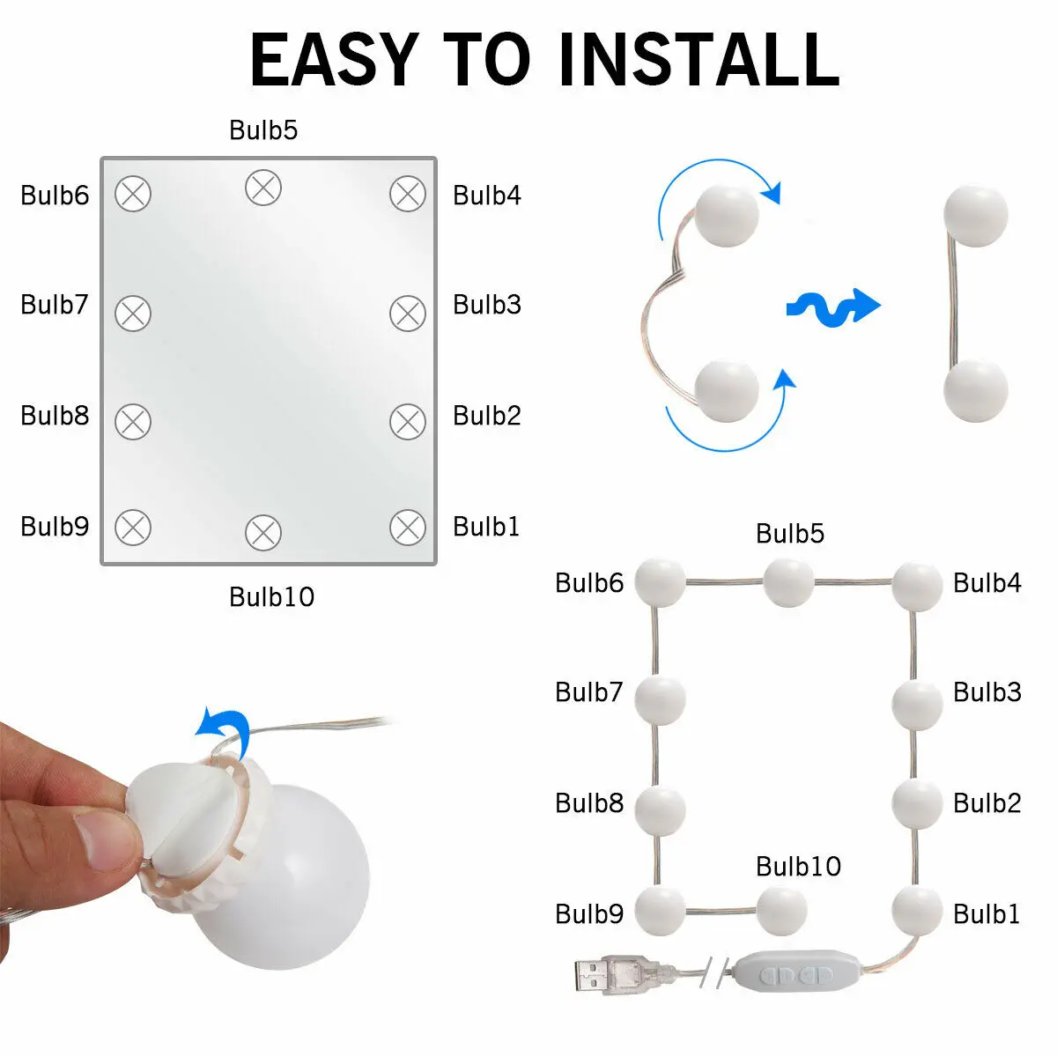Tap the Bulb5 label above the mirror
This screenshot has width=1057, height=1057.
coord(263,130)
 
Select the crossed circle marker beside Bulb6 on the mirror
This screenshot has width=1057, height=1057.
coord(133,194)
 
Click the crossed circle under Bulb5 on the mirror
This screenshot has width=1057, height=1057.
coord(263,188)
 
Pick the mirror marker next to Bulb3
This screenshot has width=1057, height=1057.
coord(408,314)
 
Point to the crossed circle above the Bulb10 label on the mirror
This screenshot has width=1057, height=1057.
coord(263,532)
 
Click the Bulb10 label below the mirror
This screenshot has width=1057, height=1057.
coord(271,597)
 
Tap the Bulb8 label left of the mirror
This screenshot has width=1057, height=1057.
coord(55,415)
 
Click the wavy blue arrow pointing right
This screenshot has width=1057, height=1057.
coord(833,307)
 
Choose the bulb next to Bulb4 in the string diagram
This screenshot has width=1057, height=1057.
coord(917,586)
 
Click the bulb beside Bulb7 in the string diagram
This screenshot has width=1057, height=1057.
coord(660,700)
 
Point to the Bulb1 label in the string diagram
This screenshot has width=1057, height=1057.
coord(987,913)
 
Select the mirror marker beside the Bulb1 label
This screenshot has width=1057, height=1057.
coord(408,527)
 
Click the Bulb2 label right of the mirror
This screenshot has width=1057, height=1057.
coord(486,415)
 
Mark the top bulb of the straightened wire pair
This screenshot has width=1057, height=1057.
coord(975,216)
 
